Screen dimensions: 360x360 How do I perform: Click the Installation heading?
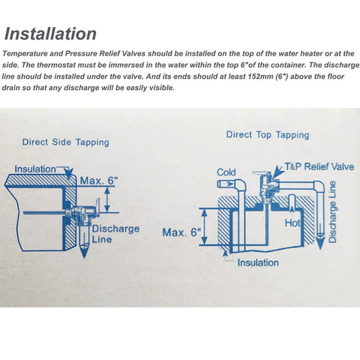[x=51, y=34]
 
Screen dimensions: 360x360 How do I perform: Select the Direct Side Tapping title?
[x=65, y=142]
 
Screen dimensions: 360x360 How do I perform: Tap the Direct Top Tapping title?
[x=268, y=135]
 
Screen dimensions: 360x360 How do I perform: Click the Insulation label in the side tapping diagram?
[x=35, y=169]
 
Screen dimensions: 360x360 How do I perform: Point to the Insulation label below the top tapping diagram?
[x=258, y=262]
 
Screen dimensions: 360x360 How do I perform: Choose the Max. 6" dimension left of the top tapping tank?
[x=182, y=232]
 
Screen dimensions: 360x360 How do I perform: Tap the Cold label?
[x=226, y=172]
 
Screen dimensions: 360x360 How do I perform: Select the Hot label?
[x=294, y=223]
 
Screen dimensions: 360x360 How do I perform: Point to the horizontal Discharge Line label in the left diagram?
[x=115, y=233]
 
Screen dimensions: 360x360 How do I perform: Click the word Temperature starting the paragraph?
[x=25, y=53]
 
